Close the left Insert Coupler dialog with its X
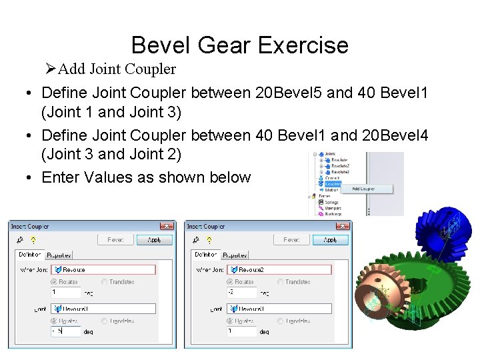(x=168, y=226)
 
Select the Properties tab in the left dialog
(x=59, y=255)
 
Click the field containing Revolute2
(x=279, y=269)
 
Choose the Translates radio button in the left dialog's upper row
(x=105, y=282)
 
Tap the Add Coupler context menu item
(x=363, y=189)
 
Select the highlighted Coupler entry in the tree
(x=333, y=183)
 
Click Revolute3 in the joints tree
(x=339, y=171)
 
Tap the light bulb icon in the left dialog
(x=31, y=240)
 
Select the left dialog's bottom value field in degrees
(x=65, y=331)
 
